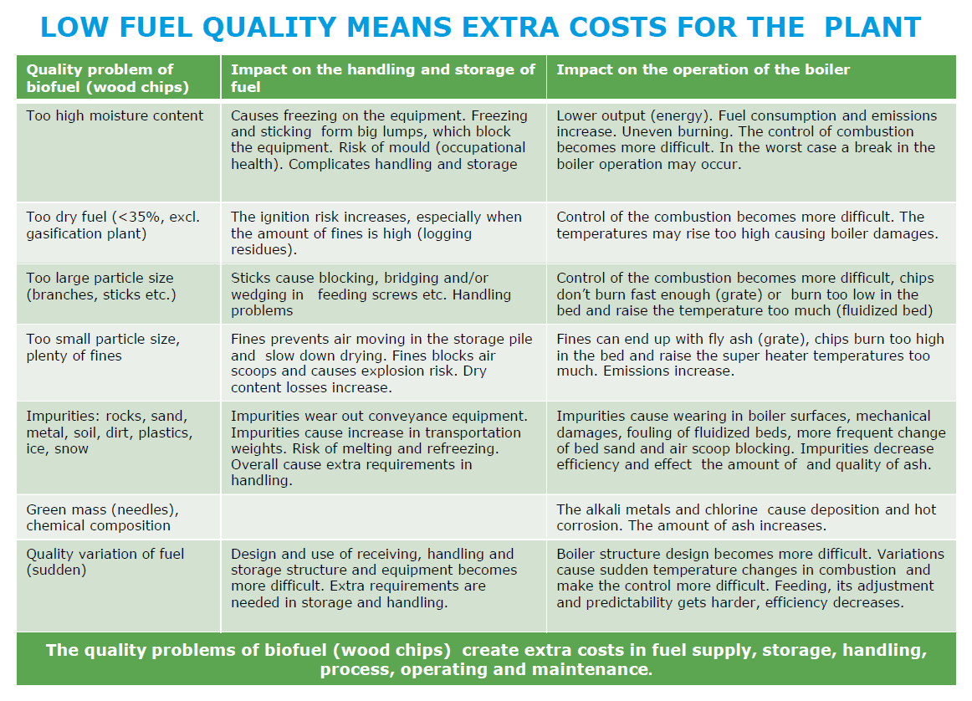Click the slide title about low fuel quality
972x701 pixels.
click(480, 27)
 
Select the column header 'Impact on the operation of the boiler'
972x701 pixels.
click(703, 70)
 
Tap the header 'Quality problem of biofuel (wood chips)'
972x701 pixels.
click(107, 78)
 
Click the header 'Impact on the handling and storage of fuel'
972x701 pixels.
click(382, 78)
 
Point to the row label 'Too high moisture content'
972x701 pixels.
click(115, 115)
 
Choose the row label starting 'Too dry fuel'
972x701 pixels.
click(112, 225)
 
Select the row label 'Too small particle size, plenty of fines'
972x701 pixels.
click(103, 347)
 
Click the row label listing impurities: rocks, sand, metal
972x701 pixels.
click(110, 432)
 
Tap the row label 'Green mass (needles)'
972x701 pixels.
click(102, 517)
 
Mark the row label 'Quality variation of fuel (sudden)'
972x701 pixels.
click(105, 561)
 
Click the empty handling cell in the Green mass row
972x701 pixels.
click(383, 517)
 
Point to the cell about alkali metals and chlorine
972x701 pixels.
click(746, 517)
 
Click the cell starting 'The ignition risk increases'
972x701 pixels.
click(376, 233)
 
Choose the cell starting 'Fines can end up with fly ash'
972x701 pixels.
click(749, 355)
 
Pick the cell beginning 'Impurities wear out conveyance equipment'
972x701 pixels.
click(379, 448)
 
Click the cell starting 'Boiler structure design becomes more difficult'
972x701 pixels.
click(749, 578)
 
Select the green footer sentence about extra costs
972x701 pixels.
click(485, 659)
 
